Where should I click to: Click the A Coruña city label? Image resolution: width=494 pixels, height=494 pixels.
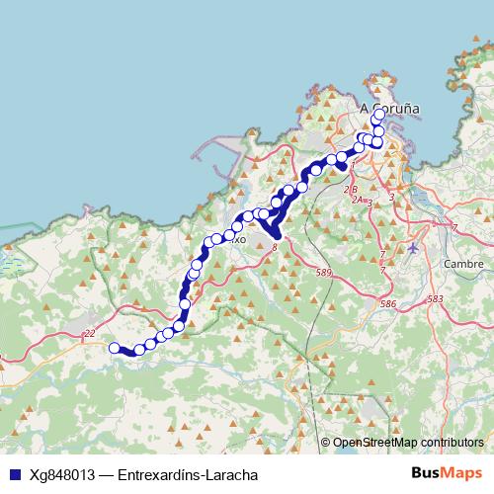[389, 108]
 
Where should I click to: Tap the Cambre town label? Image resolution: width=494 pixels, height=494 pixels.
[462, 264]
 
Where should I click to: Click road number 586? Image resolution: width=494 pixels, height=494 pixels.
[387, 304]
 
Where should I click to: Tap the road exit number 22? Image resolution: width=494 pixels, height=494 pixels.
[89, 334]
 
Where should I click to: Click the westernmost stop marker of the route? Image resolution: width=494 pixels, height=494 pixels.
[115, 348]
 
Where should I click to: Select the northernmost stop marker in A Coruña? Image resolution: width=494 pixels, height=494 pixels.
[378, 115]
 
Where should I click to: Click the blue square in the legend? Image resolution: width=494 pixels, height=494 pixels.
[15, 475]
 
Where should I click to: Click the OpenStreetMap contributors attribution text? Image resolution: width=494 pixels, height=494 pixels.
[408, 443]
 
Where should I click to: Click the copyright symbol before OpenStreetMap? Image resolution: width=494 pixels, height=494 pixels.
[326, 443]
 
